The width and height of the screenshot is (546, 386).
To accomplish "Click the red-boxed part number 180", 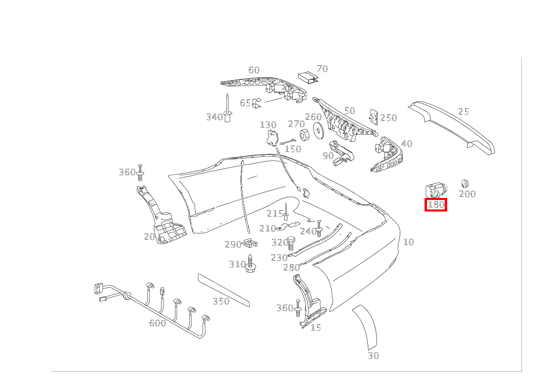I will (x=436, y=205).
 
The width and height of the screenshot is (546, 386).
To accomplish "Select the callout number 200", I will (x=467, y=194).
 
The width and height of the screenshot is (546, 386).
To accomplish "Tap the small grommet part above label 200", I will (x=465, y=183).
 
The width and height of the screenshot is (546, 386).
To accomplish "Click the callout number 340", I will (x=214, y=117).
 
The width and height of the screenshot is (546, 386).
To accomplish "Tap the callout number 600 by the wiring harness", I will (x=158, y=323).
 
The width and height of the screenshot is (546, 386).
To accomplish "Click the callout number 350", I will (x=221, y=302).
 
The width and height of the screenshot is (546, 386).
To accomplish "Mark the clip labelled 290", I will (x=250, y=243).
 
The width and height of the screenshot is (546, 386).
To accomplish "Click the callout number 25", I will (x=464, y=112).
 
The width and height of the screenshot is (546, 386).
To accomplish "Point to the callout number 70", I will (x=322, y=69).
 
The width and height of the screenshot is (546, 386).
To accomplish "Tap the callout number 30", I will (x=373, y=356).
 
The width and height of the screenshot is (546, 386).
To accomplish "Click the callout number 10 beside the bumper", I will (x=408, y=242).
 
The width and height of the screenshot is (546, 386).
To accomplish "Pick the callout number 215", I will (x=275, y=214).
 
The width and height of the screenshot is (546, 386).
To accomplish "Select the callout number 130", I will (x=268, y=125).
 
